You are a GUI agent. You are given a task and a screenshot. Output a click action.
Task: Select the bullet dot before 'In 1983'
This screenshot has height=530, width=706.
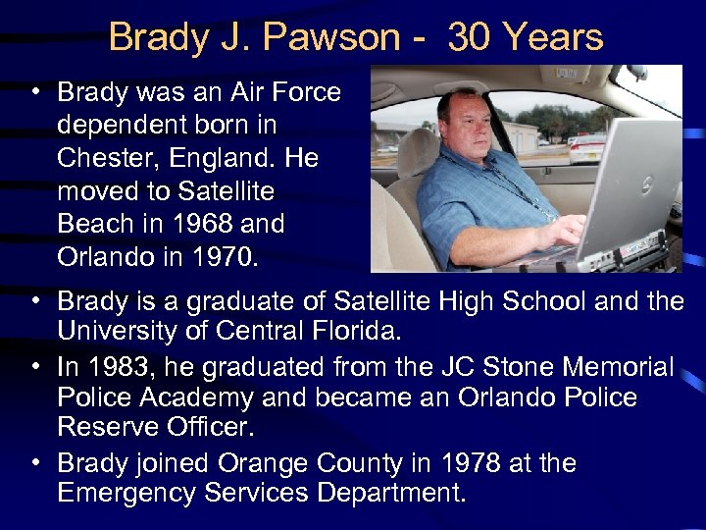(36, 366)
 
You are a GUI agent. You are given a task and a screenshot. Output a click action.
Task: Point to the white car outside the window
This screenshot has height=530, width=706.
(586, 148)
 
